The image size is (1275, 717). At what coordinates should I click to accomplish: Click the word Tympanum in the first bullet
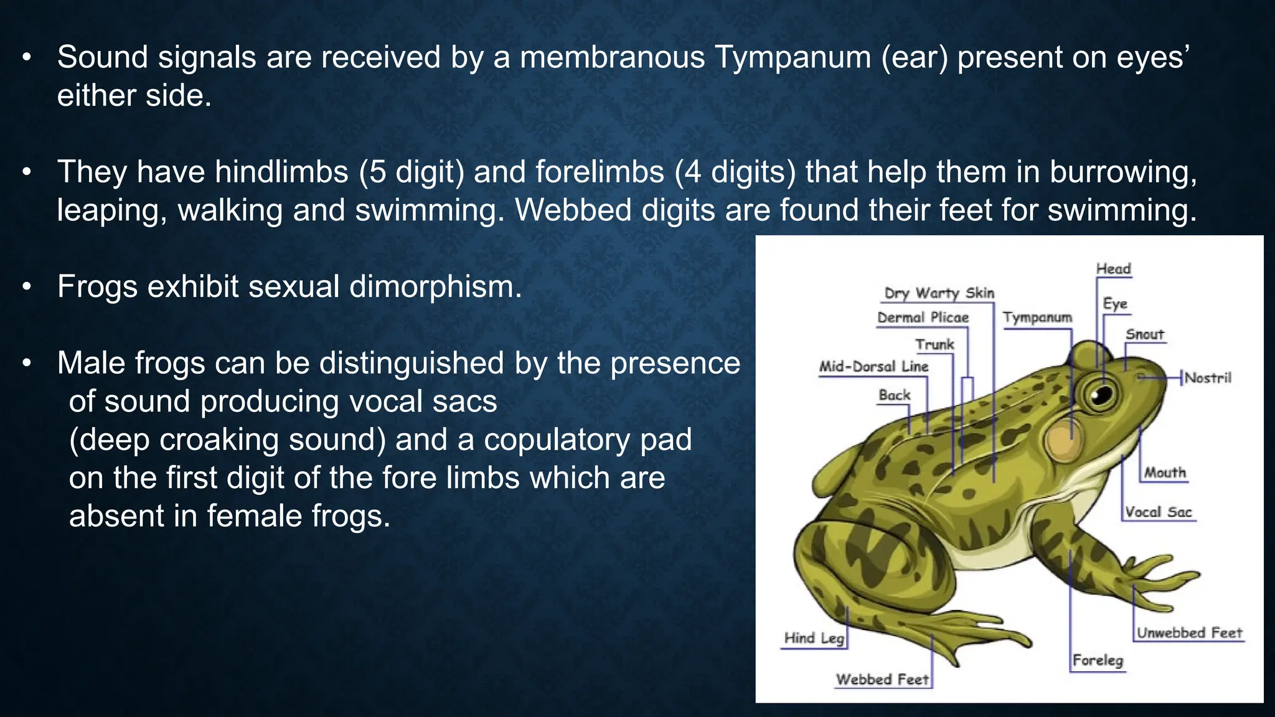coord(792,57)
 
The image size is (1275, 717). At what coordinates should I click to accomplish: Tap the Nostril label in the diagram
coord(1208,378)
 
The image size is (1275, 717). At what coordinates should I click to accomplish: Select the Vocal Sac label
coord(1158,512)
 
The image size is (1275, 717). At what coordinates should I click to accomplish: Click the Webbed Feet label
coord(882,679)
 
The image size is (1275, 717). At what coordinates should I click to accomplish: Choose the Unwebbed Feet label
coord(1189,633)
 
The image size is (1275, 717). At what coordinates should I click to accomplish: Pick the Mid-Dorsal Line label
coord(873,367)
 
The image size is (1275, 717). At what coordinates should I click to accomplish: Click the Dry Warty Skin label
coord(939,293)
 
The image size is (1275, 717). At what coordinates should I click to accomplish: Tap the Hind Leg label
coord(814,638)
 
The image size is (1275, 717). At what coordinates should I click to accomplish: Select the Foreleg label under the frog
coord(1098,660)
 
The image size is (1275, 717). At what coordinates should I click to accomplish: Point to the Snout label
coord(1144,334)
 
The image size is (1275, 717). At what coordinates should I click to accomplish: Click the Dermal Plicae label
coord(923,317)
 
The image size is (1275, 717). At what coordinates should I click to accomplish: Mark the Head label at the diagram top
coord(1113,269)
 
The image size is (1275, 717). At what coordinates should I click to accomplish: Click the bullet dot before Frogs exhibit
coord(26,288)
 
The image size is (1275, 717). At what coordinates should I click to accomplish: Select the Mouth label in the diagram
coord(1165,472)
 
